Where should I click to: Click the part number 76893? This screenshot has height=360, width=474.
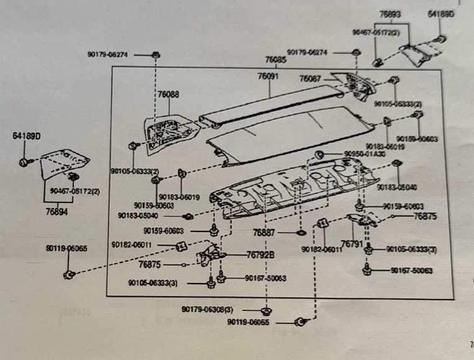(390, 13)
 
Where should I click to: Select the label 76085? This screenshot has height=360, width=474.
(276, 60)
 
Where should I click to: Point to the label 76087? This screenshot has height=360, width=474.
(309, 79)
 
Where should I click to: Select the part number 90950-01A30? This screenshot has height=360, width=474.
(363, 153)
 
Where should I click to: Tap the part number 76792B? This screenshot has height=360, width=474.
(260, 254)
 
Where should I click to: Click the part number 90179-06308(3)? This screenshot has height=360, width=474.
(207, 308)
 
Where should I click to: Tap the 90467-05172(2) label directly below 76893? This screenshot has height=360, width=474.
(376, 32)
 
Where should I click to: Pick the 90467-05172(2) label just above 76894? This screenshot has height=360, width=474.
(78, 192)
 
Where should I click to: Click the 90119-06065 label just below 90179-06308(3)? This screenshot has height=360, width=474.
(248, 322)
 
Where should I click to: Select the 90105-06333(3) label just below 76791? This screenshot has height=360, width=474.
(411, 249)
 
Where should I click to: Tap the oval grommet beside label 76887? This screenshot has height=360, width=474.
(301, 233)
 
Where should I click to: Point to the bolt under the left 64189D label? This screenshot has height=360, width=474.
(24, 162)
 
